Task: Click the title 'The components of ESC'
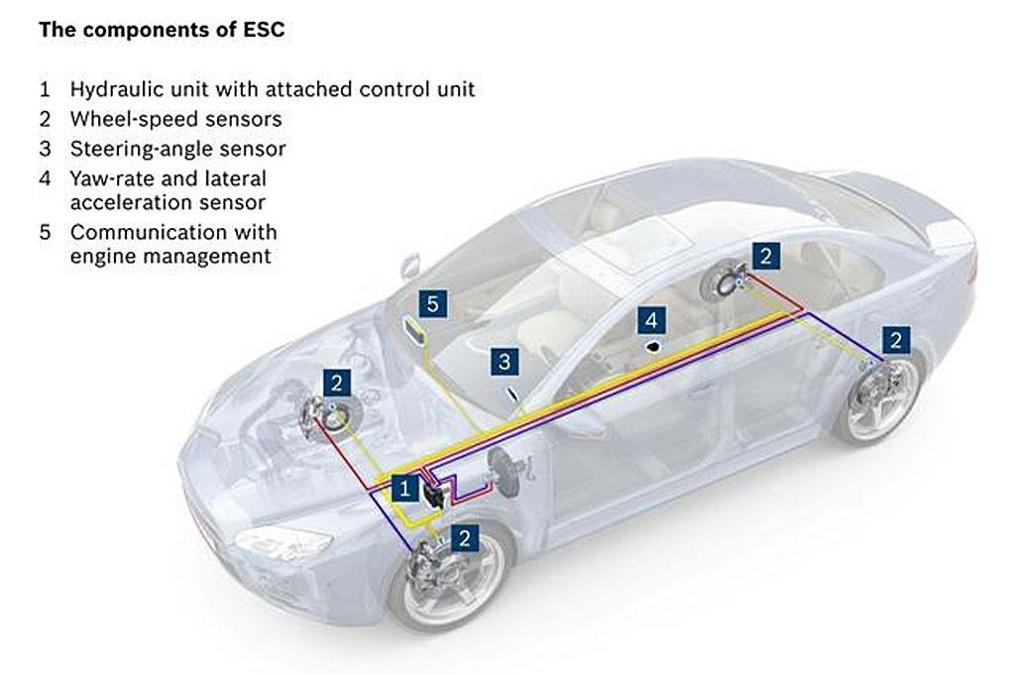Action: tap(162, 30)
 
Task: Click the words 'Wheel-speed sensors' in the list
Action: tap(176, 119)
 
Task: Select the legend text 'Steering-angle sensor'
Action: tap(178, 149)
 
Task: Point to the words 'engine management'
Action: tap(170, 257)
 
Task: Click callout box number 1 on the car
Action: tap(404, 488)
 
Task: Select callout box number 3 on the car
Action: tap(505, 361)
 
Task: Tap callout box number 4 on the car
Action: tap(651, 320)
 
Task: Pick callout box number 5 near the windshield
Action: tap(432, 303)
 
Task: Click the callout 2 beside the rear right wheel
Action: tap(896, 340)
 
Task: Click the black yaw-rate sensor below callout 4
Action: tap(654, 347)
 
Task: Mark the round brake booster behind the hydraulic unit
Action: tap(501, 473)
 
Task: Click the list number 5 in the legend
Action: tap(45, 232)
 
